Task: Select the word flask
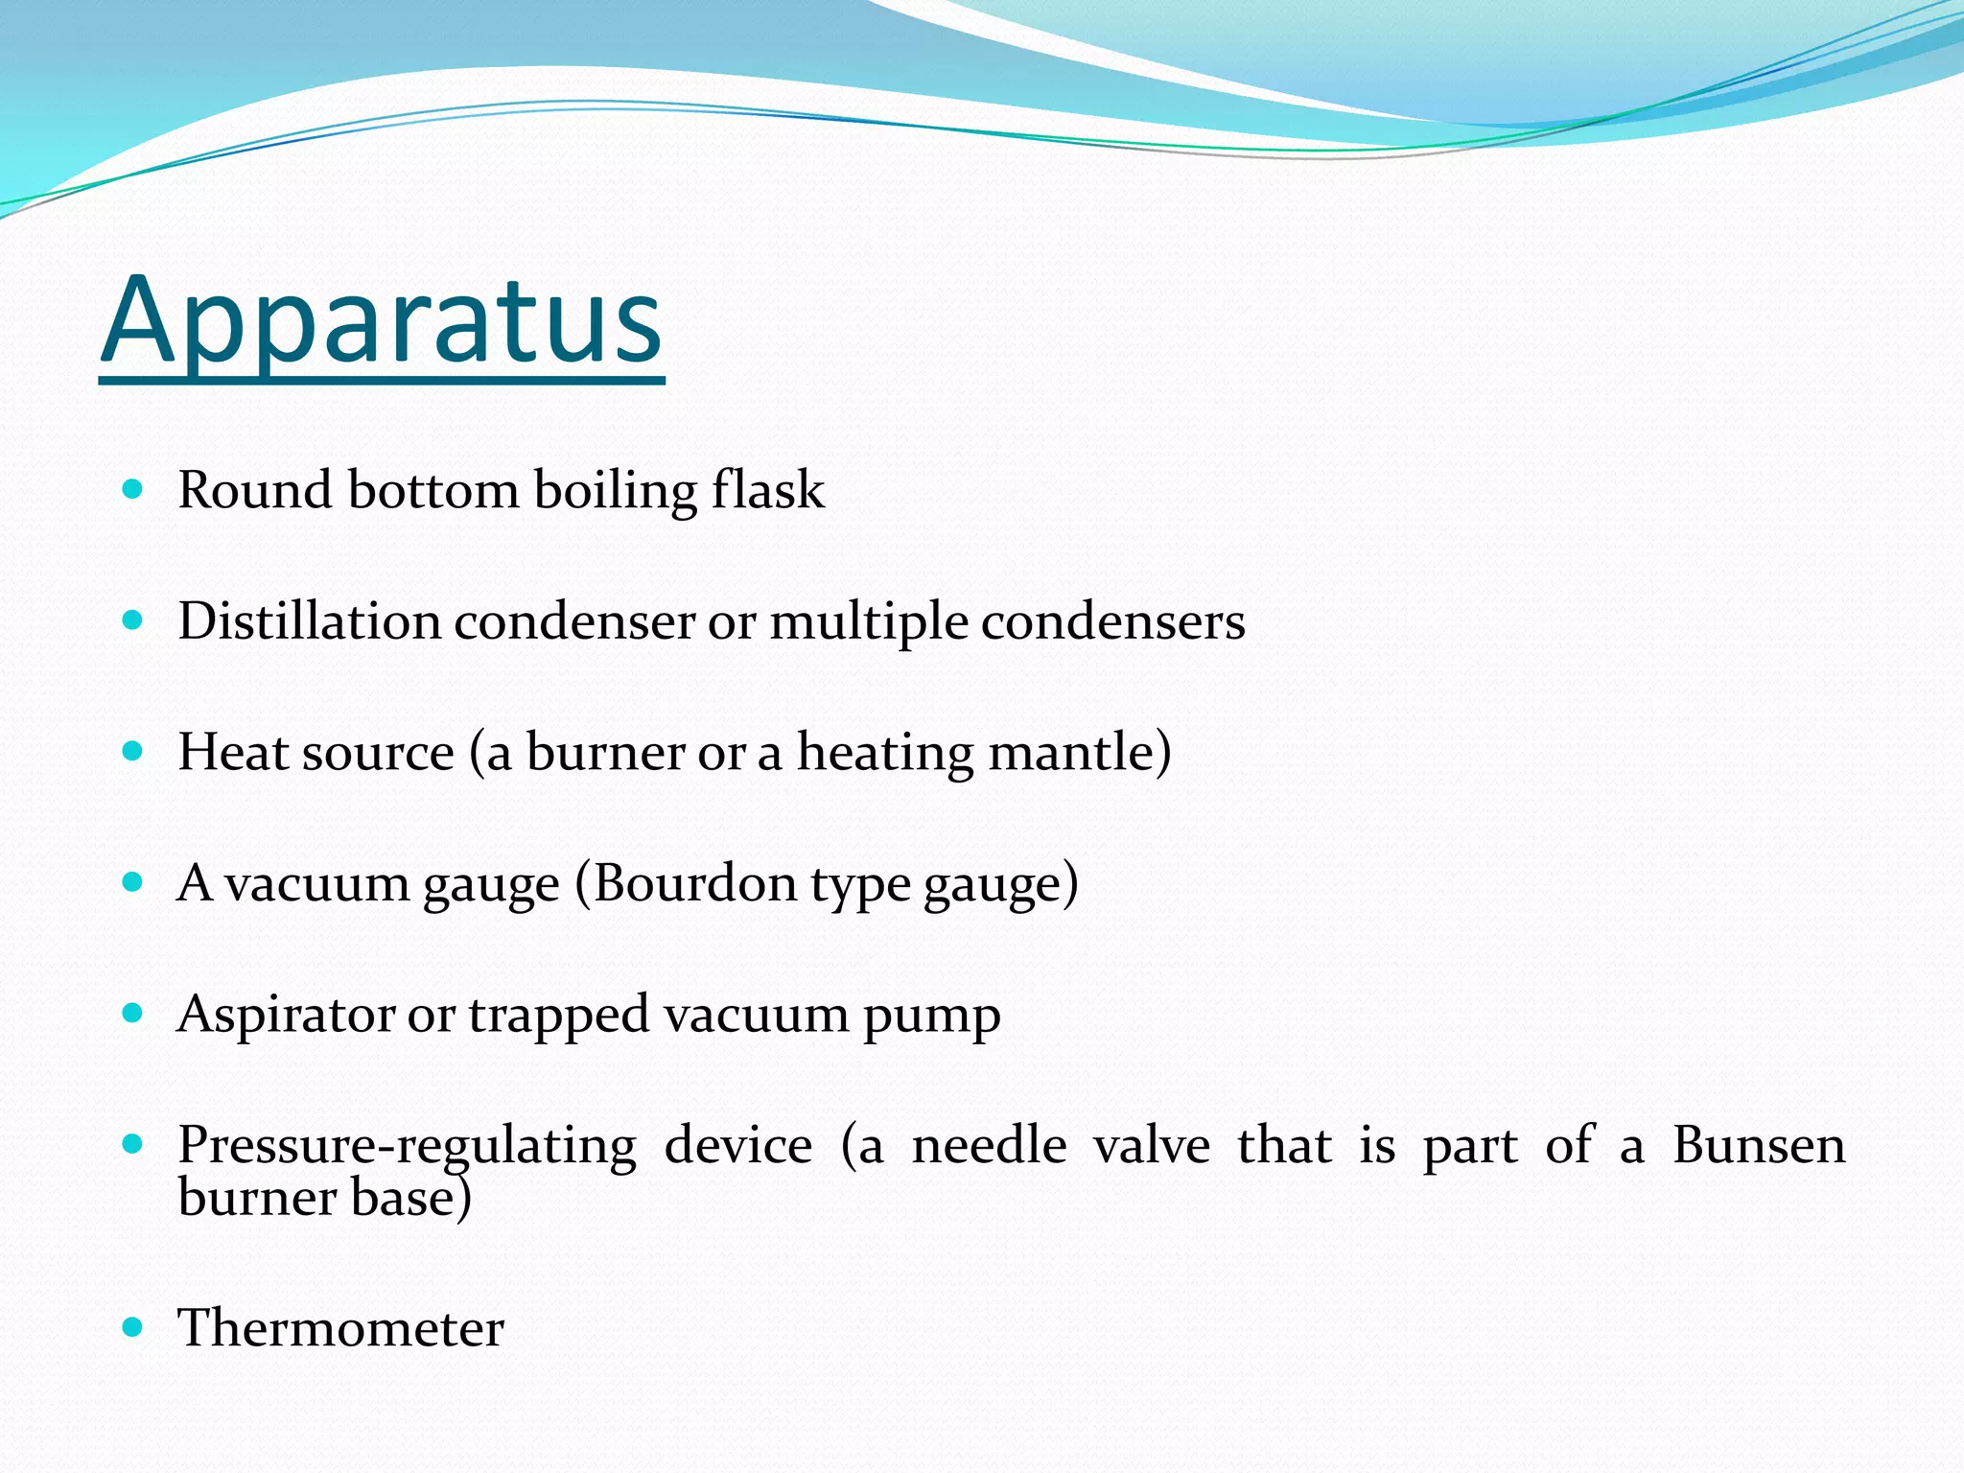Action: tap(767, 490)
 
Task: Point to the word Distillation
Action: tap(309, 621)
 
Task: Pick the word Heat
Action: tap(234, 752)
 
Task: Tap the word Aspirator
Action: tap(286, 1015)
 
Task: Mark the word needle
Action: tap(989, 1145)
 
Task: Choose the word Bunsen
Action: tap(1759, 1145)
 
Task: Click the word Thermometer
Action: tap(340, 1329)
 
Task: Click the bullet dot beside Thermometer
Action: tap(133, 1327)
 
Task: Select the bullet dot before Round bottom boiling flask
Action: tap(133, 490)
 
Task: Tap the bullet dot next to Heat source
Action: tap(133, 751)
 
